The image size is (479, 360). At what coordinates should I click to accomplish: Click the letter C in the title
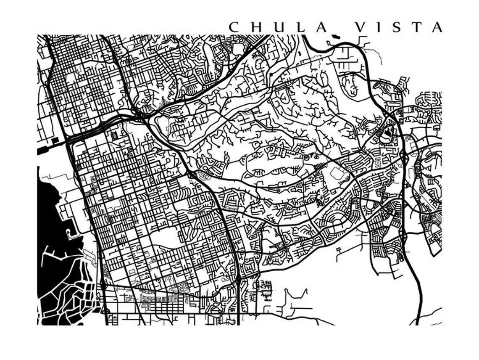pyautogui.click(x=234, y=27)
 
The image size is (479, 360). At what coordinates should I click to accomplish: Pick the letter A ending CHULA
pyautogui.click(x=321, y=27)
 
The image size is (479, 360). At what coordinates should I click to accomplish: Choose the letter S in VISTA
pyautogui.click(x=397, y=27)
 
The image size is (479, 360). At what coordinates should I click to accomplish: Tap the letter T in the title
pyautogui.click(x=417, y=27)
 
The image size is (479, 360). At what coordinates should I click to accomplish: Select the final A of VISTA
pyautogui.click(x=437, y=27)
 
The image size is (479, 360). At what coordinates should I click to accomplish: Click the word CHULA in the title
pyautogui.click(x=278, y=27)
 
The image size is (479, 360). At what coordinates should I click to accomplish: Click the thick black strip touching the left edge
pyautogui.click(x=44, y=150)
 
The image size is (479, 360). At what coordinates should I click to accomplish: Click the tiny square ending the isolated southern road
pyautogui.click(x=338, y=254)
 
